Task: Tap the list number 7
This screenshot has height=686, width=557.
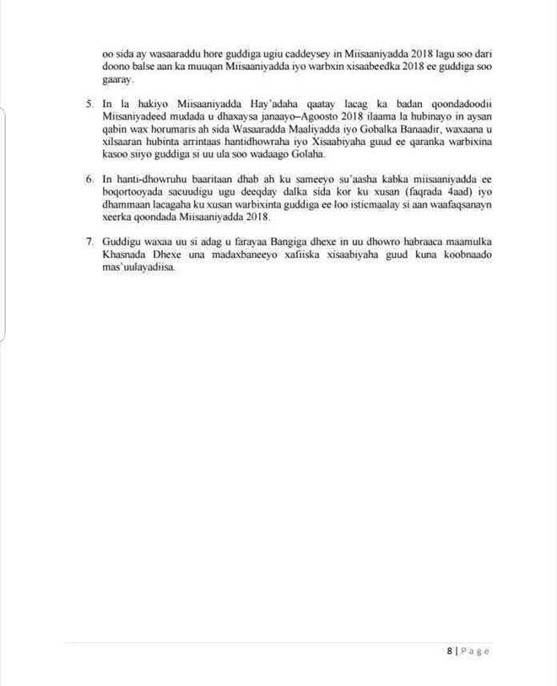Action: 89,241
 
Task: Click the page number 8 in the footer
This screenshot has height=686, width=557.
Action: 450,651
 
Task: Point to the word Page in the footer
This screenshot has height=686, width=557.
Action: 474,651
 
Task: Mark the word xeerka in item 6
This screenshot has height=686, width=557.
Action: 117,217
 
